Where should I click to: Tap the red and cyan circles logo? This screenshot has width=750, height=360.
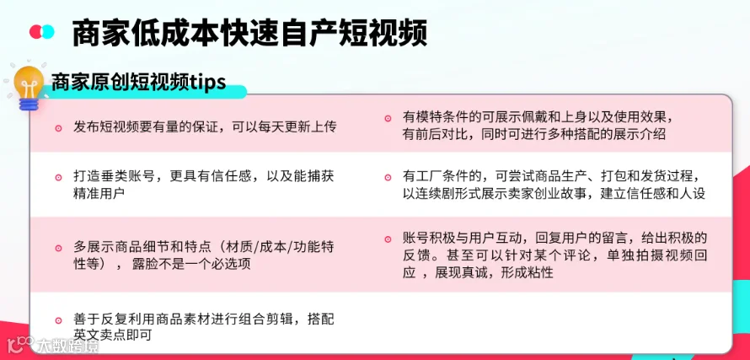coord(42,31)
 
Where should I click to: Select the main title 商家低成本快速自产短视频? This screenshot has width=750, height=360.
coord(249,33)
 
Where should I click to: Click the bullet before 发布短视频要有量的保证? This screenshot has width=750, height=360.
coord(58,128)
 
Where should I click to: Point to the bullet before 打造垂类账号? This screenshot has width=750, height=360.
coord(58,177)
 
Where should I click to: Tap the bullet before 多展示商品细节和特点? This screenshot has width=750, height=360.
coord(58,248)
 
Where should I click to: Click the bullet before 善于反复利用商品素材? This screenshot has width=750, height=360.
coord(58,320)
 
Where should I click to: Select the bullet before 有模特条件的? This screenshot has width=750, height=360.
coord(388,118)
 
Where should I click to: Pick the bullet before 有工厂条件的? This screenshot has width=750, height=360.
coord(388,177)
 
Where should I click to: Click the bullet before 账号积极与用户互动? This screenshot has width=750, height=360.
coord(388,239)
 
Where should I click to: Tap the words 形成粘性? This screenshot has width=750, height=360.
coord(527,273)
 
